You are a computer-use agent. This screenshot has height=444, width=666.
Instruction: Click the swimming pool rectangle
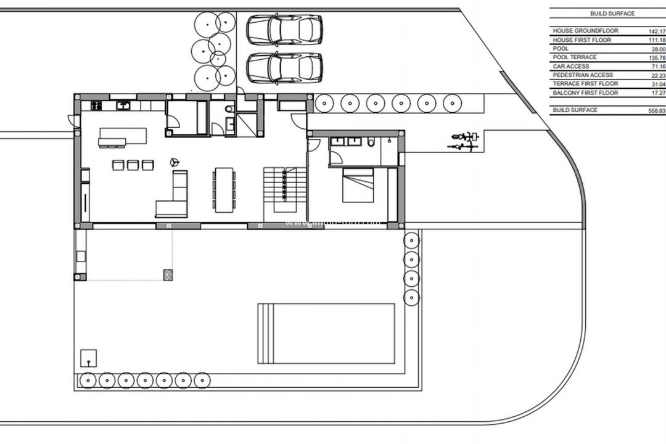coord(326,333)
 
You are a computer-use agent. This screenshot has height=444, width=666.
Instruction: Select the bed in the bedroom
coord(358,184)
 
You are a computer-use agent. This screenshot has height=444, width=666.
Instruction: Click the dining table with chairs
coord(224,189)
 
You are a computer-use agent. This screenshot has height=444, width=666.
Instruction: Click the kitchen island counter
coord(123,136)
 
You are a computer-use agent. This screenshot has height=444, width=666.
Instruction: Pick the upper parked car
coord(284,30)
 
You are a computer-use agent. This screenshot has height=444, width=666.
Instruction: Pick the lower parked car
coord(284,68)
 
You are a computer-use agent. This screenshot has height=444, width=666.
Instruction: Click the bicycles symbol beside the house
coord(464,141)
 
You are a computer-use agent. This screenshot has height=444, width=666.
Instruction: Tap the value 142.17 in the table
coord(657,31)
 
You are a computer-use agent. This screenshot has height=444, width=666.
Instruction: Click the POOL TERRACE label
coord(575,57)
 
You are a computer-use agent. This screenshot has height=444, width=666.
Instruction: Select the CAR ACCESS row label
coord(571,66)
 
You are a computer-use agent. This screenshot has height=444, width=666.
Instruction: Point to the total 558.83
coord(657,110)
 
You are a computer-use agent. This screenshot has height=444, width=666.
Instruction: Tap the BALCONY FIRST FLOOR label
coord(585,92)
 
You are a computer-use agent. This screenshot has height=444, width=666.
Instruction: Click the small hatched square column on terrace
coord(168,275)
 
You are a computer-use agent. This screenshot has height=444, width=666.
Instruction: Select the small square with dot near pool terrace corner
coord(89,358)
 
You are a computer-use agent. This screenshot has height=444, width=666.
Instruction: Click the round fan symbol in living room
coord(175,163)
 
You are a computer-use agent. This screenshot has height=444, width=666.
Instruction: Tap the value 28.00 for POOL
coord(658,49)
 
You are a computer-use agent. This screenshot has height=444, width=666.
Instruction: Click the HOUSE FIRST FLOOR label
coord(582,40)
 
